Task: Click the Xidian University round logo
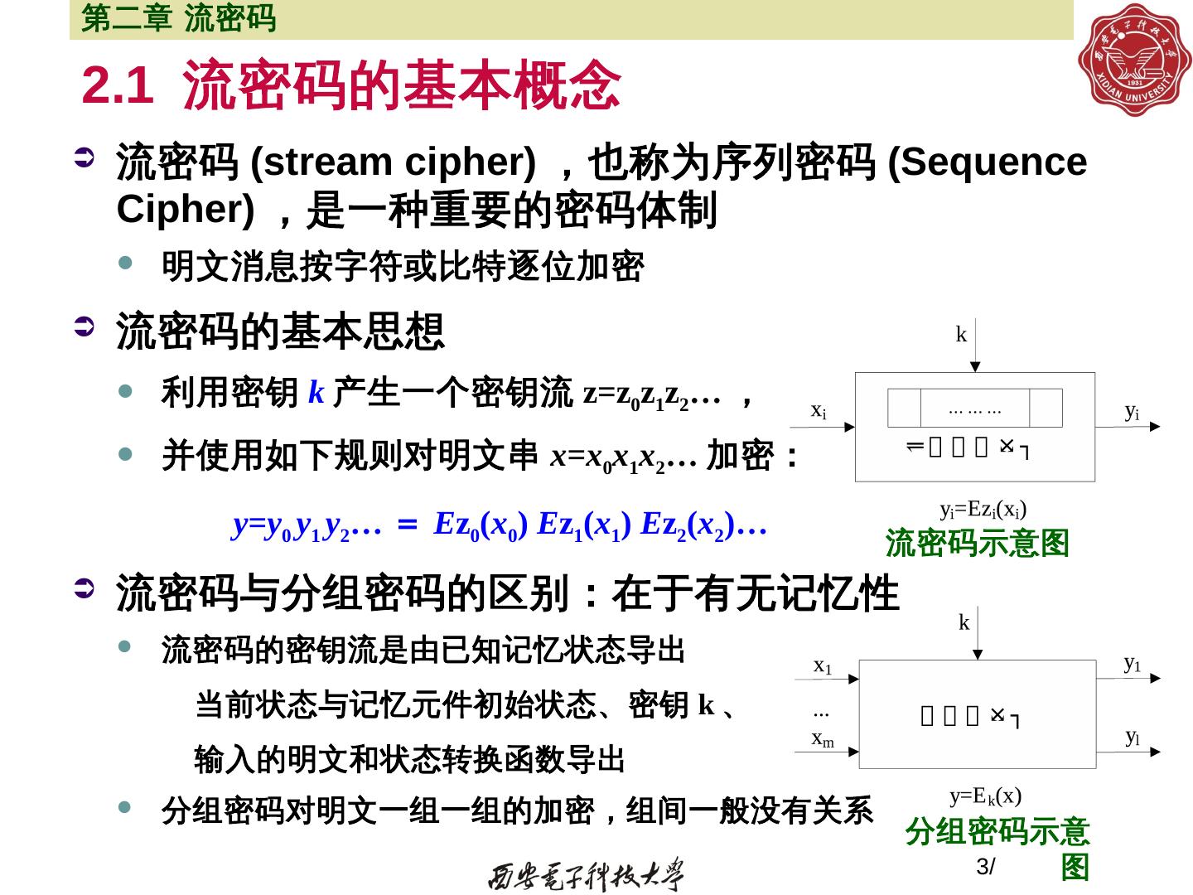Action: point(1133,60)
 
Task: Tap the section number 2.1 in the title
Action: point(118,85)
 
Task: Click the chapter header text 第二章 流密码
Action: point(178,19)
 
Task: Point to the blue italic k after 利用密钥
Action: point(315,391)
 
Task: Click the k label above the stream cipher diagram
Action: point(961,335)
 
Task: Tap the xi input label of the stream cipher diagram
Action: point(818,410)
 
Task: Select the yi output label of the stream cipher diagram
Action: point(1132,410)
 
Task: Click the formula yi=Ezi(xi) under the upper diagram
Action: point(983,509)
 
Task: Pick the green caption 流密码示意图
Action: point(978,544)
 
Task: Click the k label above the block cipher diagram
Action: point(964,622)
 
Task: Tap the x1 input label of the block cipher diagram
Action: point(822,665)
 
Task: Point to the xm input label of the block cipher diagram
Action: point(823,738)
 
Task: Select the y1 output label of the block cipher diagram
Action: point(1133,663)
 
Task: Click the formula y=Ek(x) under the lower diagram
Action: point(985,796)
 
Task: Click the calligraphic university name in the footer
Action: point(587,873)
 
